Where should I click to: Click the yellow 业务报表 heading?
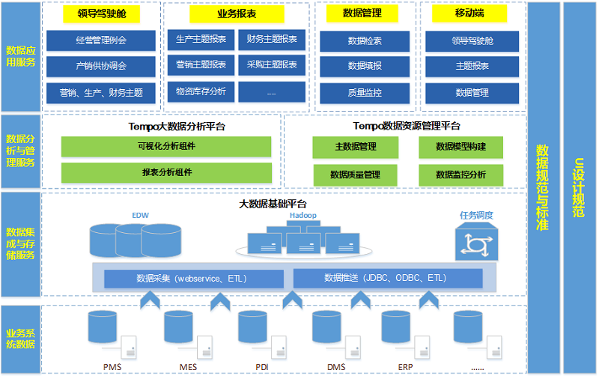tap(236, 14)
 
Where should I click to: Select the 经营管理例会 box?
tap(101, 40)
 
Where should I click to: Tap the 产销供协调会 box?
tap(101, 66)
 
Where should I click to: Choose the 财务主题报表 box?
tap(272, 39)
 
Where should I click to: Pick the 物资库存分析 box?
tap(201, 91)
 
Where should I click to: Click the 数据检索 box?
tap(365, 40)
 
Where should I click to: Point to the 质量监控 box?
tap(365, 93)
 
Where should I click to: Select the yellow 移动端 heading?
tap(469, 13)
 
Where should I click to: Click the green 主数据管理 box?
tap(356, 147)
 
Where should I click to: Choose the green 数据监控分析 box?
tap(460, 175)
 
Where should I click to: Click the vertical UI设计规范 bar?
tap(579, 187)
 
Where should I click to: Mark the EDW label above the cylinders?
tap(141, 215)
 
